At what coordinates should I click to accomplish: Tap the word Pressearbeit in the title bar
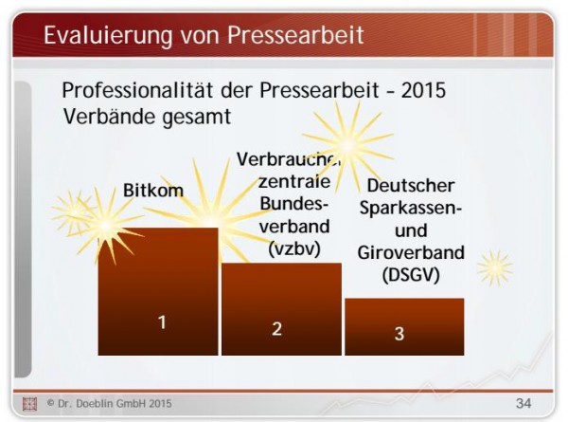tap(294, 35)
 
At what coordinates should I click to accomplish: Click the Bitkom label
tap(153, 191)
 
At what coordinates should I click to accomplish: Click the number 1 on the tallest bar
tap(162, 321)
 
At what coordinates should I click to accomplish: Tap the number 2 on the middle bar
tap(277, 328)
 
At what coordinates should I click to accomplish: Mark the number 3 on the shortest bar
tap(399, 333)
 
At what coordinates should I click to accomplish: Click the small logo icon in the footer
tap(28, 403)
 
